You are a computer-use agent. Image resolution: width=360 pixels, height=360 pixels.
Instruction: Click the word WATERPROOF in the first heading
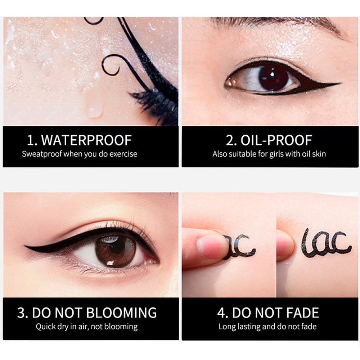point(86,140)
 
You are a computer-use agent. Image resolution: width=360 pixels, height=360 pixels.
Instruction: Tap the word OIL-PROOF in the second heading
point(276,140)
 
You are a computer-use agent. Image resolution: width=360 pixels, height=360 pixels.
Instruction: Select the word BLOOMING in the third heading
point(121,313)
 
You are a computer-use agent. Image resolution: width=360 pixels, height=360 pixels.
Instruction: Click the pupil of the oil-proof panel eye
point(273,78)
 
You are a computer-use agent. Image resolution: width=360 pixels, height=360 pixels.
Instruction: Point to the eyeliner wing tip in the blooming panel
point(25,247)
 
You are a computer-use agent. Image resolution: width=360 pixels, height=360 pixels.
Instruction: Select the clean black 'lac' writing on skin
point(327,243)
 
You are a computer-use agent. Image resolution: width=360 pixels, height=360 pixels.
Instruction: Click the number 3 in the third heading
point(22,313)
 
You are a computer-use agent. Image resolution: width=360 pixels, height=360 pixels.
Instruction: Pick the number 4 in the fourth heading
point(222,313)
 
